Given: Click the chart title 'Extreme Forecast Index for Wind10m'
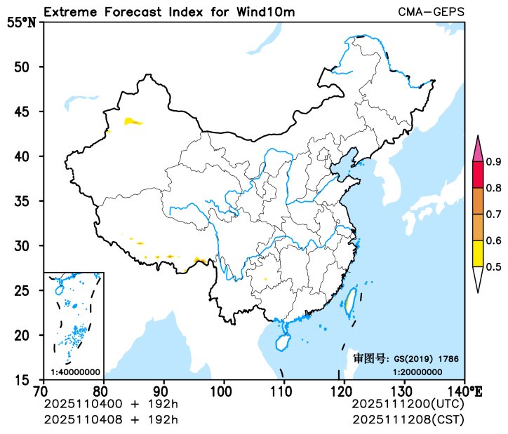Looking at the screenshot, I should point(169,13).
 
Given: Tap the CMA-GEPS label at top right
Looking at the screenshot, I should point(431,13).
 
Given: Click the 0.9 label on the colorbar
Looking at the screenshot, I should point(493,163).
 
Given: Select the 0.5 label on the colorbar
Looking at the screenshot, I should point(493,266).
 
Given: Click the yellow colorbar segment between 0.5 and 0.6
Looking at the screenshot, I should point(479,253).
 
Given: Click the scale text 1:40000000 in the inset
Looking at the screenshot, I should point(75,372).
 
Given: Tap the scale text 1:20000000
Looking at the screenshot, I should point(417,372).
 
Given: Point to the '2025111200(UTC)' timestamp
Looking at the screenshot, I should point(407,405).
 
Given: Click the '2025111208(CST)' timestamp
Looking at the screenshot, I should point(407,419).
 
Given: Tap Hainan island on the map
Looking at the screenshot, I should point(282,343).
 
